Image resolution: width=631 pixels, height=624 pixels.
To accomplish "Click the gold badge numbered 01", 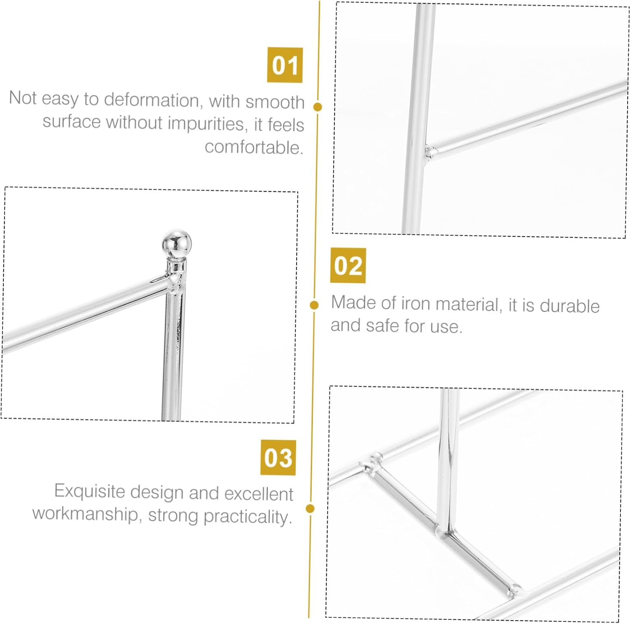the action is click(285, 65).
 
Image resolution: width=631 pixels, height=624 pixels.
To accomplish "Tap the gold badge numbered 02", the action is click(348, 266).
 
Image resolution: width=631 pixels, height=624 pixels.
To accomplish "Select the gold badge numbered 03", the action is click(278, 458).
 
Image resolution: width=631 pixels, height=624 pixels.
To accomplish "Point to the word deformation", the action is click(151, 100).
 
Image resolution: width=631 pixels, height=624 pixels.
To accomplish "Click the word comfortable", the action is click(254, 147).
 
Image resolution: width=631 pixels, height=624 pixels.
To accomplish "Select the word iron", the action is click(416, 303).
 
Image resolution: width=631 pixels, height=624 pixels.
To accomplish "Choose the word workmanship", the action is click(86, 513).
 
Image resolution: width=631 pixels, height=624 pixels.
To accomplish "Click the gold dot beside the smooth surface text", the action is click(318, 107).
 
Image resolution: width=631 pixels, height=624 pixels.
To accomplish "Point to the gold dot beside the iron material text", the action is click(314, 305).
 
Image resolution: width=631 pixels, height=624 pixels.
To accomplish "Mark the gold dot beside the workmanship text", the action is click(310, 509).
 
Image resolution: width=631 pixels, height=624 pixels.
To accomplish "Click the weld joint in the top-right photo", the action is click(430, 152).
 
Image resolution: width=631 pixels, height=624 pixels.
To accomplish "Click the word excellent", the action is click(259, 494).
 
